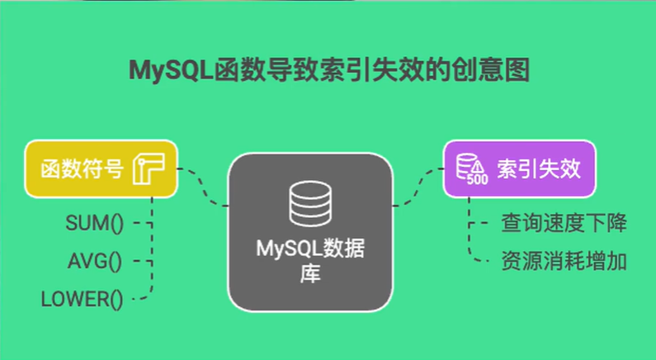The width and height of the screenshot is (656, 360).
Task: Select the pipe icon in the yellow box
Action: [x=149, y=169]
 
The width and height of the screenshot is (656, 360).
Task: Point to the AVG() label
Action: [x=94, y=262]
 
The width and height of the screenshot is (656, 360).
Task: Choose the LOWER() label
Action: [x=83, y=300]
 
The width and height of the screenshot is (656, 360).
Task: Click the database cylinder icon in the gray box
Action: [x=309, y=202]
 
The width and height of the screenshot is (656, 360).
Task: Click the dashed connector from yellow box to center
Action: [x=204, y=187]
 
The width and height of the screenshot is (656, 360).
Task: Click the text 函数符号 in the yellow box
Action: [x=83, y=170]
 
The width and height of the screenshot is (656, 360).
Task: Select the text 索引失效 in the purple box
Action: [x=539, y=169]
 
